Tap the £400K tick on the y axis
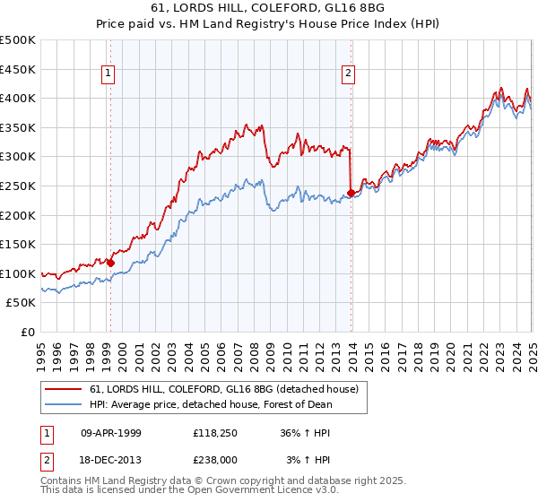click(x=18, y=99)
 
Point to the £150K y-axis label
click(x=18, y=244)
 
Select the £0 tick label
click(x=27, y=332)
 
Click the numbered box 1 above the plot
click(x=108, y=74)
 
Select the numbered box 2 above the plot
click(x=348, y=74)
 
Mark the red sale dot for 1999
click(x=110, y=263)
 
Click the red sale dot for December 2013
click(x=351, y=192)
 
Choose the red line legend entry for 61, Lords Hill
click(x=224, y=389)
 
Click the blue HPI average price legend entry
click(x=211, y=404)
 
